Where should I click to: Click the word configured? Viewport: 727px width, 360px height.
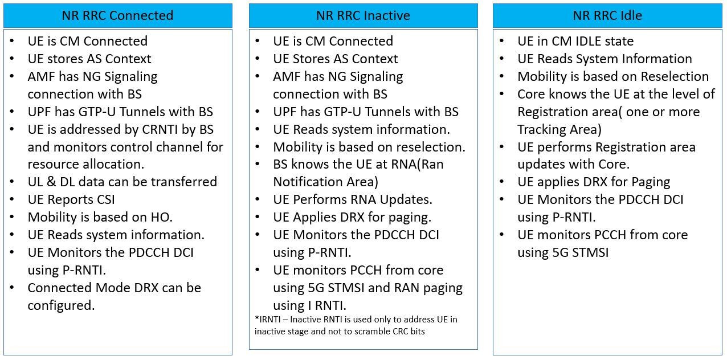pos(61,306)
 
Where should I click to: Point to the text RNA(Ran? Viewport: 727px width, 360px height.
pos(416,165)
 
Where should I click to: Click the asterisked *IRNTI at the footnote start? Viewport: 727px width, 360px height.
pos(268,320)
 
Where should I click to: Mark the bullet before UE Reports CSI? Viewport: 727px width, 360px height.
pos(12,199)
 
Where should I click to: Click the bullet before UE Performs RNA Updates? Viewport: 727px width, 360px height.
pos(258,199)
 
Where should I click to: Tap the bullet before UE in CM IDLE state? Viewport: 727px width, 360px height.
pos(502,41)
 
